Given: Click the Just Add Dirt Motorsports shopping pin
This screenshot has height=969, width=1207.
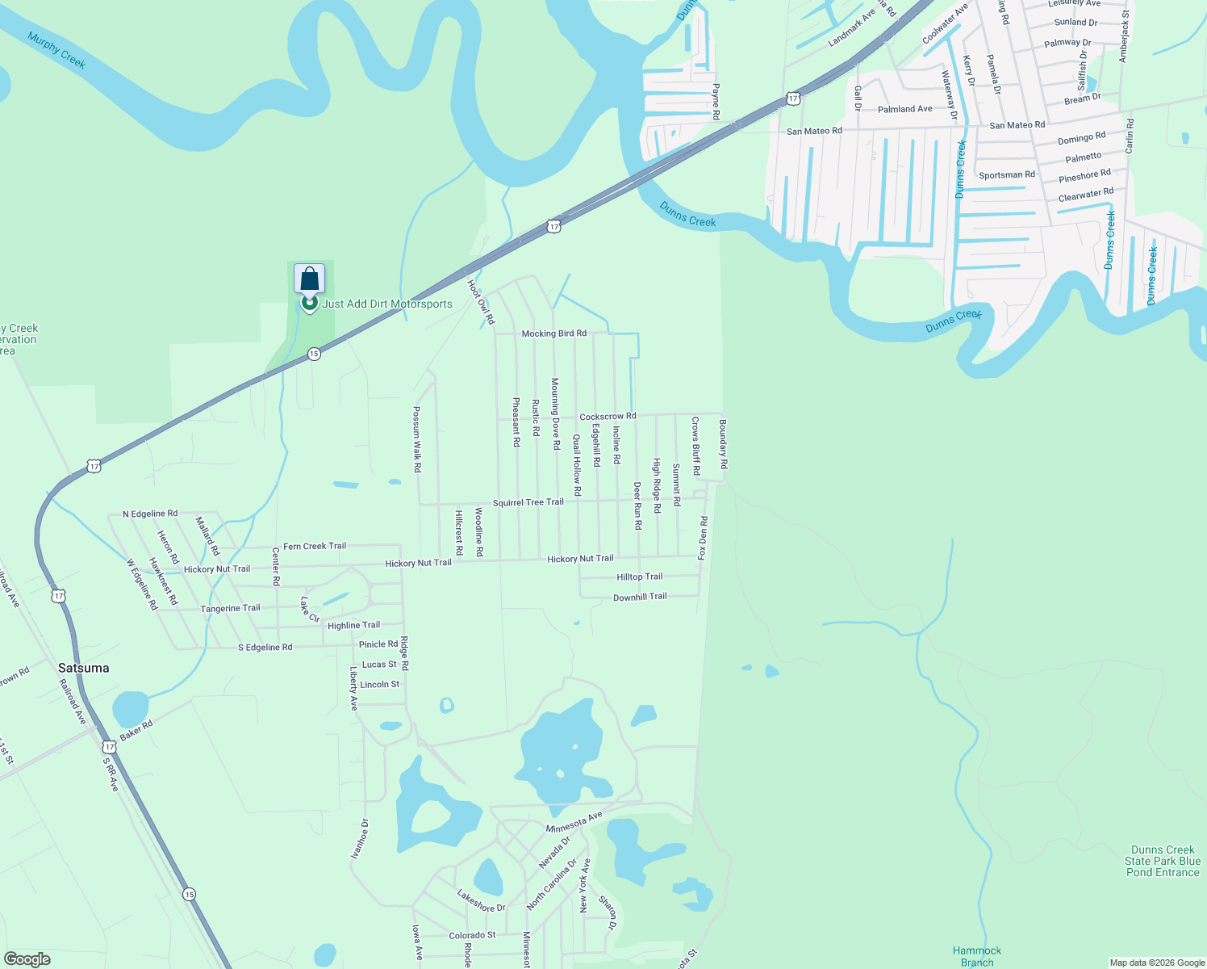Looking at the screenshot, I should coord(309,279).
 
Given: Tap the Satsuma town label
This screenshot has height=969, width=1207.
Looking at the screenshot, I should coord(83,668).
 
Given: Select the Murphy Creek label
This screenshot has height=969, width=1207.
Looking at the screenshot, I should coord(56,50).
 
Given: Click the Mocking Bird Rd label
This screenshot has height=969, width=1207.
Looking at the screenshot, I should coord(553,333).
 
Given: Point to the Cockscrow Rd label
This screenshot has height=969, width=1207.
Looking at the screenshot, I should coord(608,417).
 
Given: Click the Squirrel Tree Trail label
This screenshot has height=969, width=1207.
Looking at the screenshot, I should coord(528,502).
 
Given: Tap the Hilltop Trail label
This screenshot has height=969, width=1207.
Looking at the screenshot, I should coord(639,577).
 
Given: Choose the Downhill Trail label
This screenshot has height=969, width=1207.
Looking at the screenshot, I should coord(640,597).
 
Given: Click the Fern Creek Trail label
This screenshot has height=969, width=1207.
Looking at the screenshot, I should coord(315,546).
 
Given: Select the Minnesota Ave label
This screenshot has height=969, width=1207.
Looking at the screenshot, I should coord(574,823).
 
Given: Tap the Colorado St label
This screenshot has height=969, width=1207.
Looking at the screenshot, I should coord(472,935).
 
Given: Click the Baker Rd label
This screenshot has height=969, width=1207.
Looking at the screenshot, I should coord(136,731).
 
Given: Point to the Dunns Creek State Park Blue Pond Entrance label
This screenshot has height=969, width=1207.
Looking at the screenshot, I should coord(1162,861).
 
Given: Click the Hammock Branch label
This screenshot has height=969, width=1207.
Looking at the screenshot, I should coord(976,956).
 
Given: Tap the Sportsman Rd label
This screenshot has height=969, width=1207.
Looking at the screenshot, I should coord(1006,174).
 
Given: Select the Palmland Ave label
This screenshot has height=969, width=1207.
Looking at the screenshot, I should coord(904,109).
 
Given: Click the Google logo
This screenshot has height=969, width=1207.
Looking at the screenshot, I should coord(27,959).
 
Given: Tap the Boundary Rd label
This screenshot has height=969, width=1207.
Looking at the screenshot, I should coord(724,444).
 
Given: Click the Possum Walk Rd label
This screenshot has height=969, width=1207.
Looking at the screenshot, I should coord(417,439).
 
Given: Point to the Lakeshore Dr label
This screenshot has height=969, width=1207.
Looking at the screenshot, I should coord(481,901).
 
